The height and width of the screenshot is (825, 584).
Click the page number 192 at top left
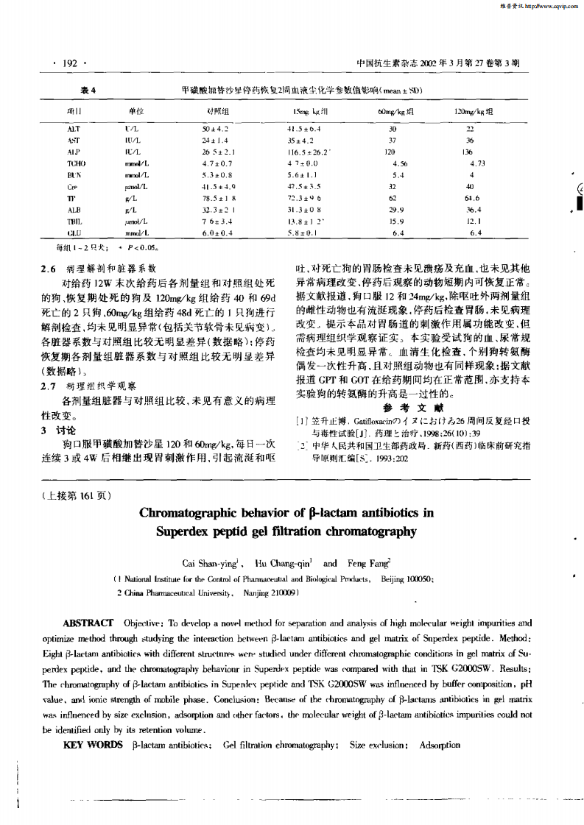tap(71, 64)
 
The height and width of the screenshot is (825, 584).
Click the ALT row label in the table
tap(74, 128)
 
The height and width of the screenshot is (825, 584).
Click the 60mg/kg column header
tap(395, 111)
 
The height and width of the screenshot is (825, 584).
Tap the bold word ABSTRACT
tap(88, 623)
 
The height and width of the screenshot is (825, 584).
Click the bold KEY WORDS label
tap(94, 745)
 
